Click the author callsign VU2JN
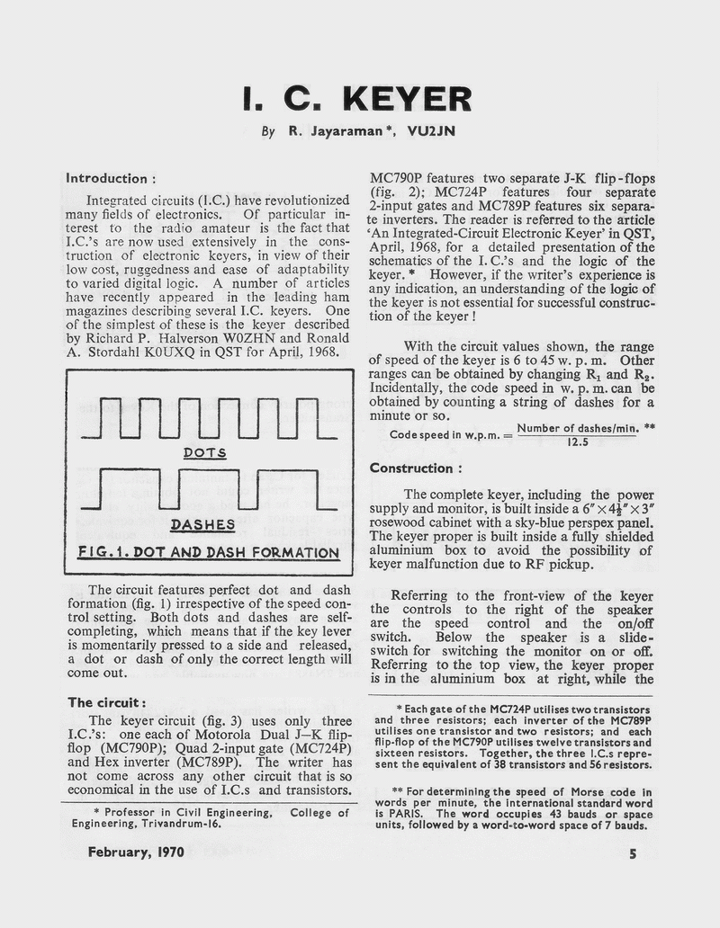pyautogui.click(x=431, y=131)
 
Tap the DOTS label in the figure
pyautogui.click(x=205, y=452)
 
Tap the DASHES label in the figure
pyautogui.click(x=202, y=523)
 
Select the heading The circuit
pyautogui.click(x=106, y=701)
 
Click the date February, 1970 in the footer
pyautogui.click(x=135, y=852)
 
